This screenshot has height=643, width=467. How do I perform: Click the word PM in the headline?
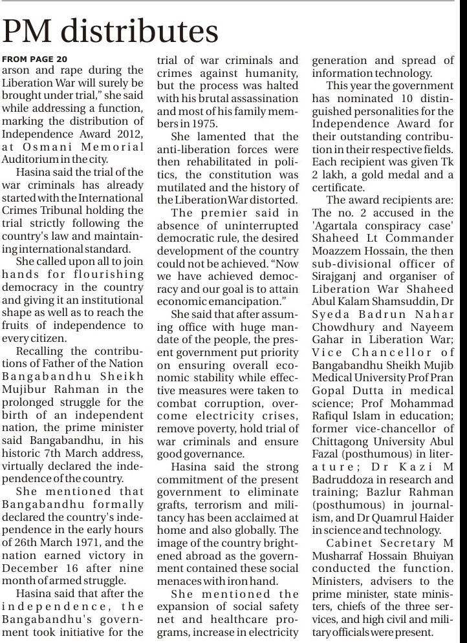[25, 32]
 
